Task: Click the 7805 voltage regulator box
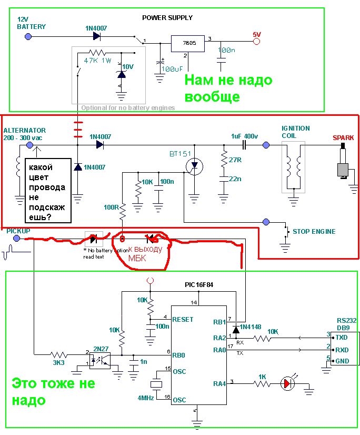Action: coord(187,43)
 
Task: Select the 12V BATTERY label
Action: coord(31,23)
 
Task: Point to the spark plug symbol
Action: coord(344,164)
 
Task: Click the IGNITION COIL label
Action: coord(296,132)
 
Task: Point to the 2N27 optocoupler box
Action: coord(99,360)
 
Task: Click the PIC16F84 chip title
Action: coord(199,284)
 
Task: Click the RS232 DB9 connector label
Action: coord(347,323)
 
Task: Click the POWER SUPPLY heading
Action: coord(167,17)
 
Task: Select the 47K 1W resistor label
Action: coord(98,61)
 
